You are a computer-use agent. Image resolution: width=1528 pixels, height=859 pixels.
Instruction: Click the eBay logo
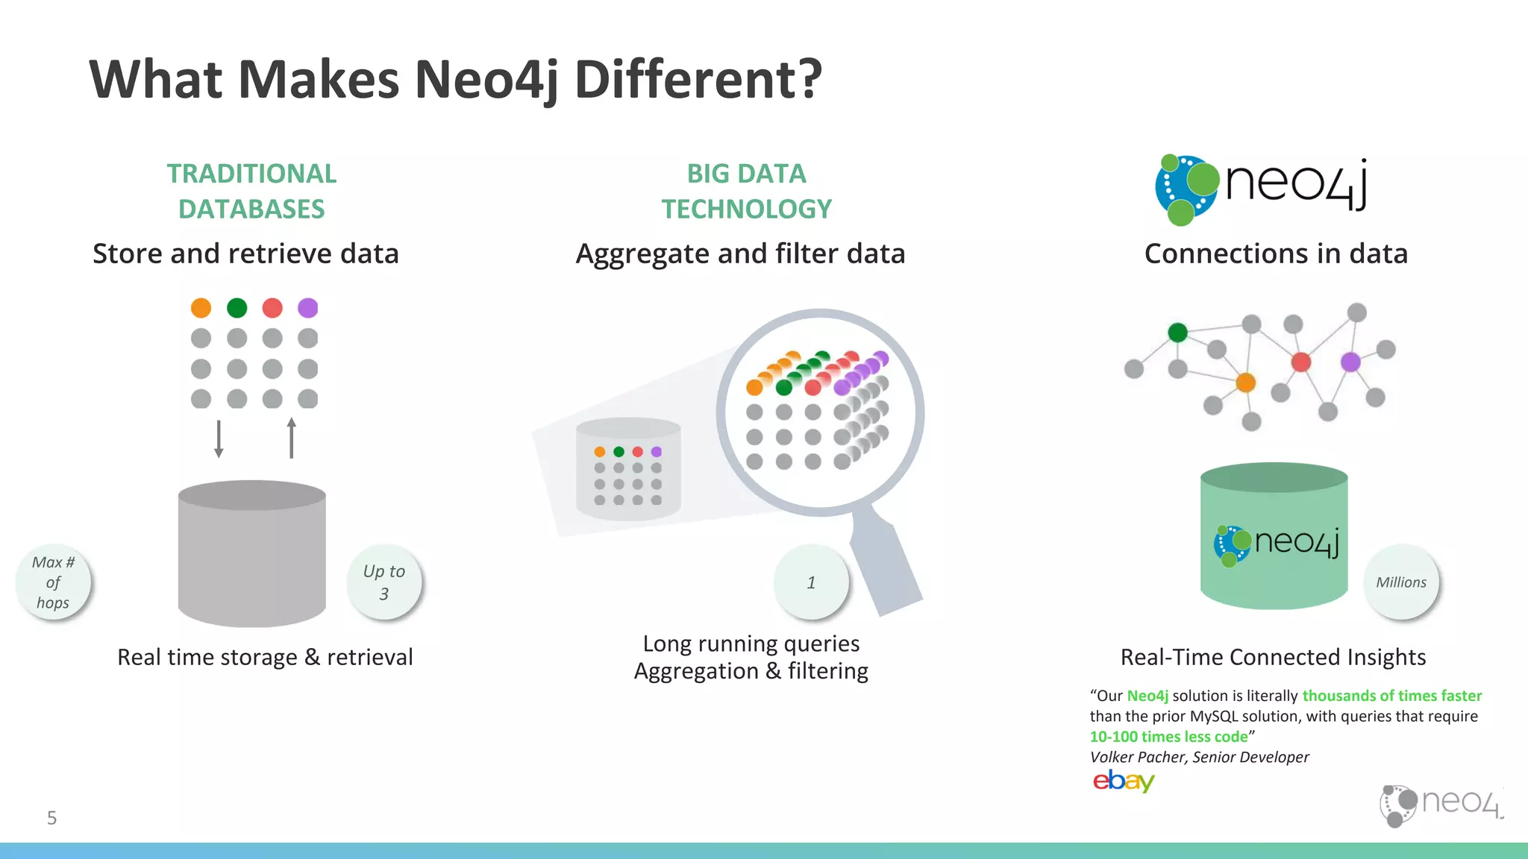[x=1123, y=781]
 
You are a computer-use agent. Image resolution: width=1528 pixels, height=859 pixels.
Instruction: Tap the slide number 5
[x=51, y=818]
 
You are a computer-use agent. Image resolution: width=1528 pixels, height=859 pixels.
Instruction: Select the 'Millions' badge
[x=1401, y=582]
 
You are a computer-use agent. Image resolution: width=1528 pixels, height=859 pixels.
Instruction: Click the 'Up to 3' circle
[x=383, y=582]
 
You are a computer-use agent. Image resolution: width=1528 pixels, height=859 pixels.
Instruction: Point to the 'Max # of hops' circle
[x=53, y=582]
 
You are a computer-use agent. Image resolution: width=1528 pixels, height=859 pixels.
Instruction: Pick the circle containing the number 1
[x=811, y=582]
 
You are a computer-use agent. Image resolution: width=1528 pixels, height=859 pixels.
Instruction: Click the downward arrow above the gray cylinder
[x=219, y=438]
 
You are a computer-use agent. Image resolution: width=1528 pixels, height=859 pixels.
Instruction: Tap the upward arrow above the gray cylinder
[x=291, y=438]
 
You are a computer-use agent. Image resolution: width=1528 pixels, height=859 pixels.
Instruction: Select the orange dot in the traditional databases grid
[x=201, y=308]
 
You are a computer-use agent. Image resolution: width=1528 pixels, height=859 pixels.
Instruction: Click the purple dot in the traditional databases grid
[x=307, y=308]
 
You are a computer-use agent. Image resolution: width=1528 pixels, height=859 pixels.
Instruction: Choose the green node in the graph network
[x=1177, y=333]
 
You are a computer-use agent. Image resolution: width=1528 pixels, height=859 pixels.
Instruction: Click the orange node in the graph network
[x=1246, y=383]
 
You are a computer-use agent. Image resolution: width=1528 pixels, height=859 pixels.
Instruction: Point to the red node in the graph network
[x=1301, y=362]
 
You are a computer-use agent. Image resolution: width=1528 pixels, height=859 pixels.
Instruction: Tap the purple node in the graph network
[x=1350, y=362]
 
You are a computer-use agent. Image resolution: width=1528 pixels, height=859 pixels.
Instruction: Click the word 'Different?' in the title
[x=698, y=79]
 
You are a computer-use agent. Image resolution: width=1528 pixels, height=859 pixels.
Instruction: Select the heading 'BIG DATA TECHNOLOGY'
[x=746, y=192]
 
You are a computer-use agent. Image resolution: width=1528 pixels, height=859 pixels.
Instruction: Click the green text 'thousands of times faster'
[x=1391, y=696]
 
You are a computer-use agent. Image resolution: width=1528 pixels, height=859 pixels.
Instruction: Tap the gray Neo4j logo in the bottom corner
[x=1441, y=805]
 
